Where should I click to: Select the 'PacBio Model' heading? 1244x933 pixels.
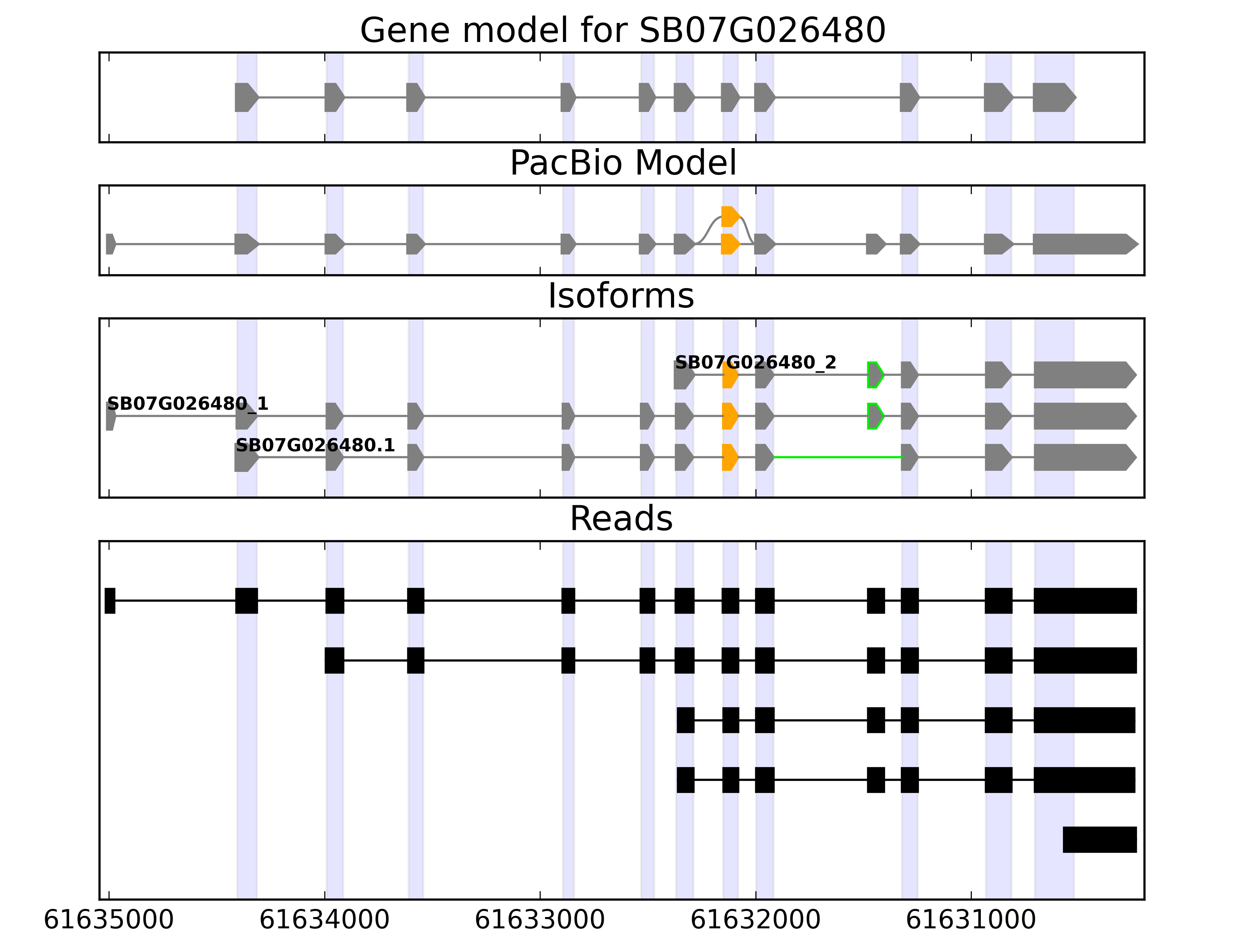pyautogui.click(x=622, y=163)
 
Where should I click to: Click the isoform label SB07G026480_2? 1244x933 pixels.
pyautogui.click(x=755, y=363)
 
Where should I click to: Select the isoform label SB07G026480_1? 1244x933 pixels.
pyautogui.click(x=187, y=404)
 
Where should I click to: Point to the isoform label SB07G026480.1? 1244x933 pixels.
pyautogui.click(x=315, y=446)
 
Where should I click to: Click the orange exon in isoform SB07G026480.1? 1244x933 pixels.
pyautogui.click(x=729, y=457)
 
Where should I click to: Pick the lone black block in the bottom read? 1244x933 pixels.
pyautogui.click(x=1099, y=840)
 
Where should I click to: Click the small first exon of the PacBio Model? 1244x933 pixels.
pyautogui.click(x=110, y=244)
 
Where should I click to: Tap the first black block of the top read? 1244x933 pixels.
pyautogui.click(x=110, y=601)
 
